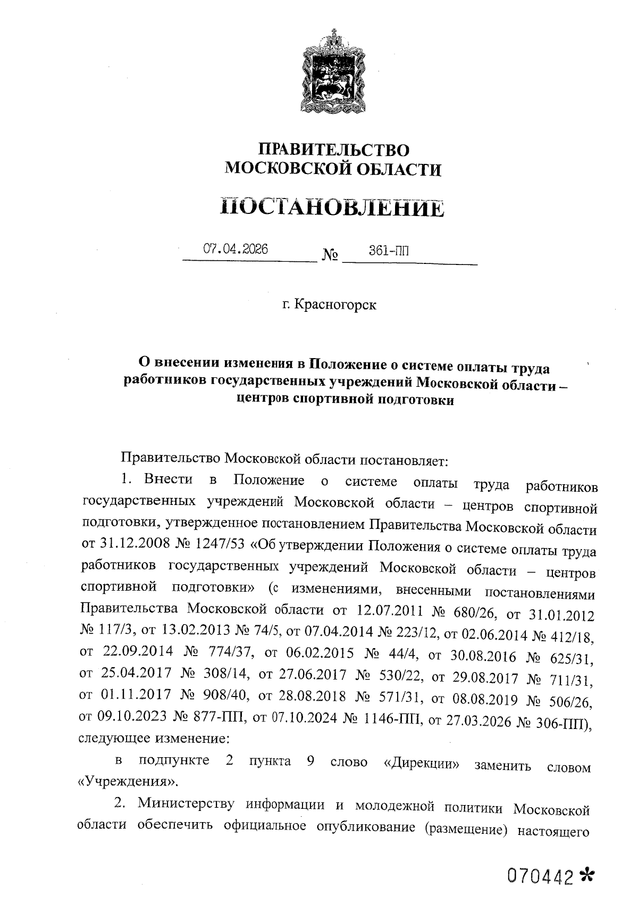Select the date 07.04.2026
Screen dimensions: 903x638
pyautogui.click(x=236, y=249)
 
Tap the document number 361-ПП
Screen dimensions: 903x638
pyautogui.click(x=389, y=250)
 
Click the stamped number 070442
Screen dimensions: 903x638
pyautogui.click(x=542, y=875)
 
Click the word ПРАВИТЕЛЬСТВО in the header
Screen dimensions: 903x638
pyautogui.click(x=333, y=150)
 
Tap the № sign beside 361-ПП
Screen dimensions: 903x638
pyautogui.click(x=330, y=254)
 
